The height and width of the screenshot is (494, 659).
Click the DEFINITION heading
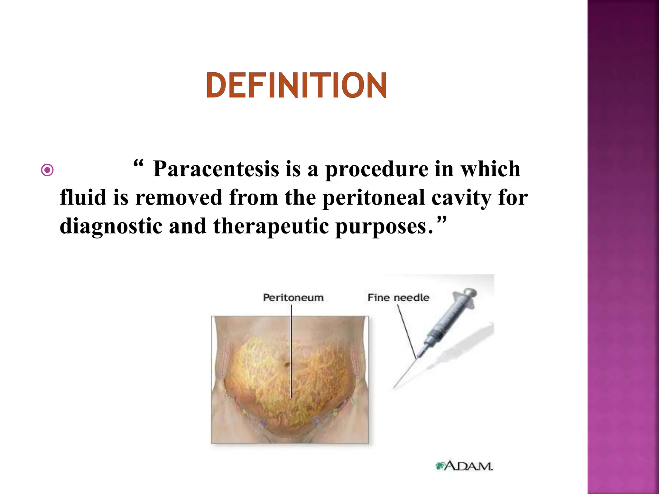coord(296,85)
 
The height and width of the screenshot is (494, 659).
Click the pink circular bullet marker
coord(47,170)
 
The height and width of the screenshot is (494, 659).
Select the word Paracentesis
coord(216,169)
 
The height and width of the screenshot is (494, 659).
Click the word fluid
coord(83,197)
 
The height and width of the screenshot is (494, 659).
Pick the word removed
coord(179,197)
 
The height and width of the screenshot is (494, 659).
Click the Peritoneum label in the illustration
coord(293,297)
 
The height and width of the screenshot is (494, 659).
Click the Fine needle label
coord(398,297)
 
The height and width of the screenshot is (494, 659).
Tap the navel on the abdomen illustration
coord(286,364)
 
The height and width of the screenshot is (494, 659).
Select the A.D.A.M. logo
coord(464,466)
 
